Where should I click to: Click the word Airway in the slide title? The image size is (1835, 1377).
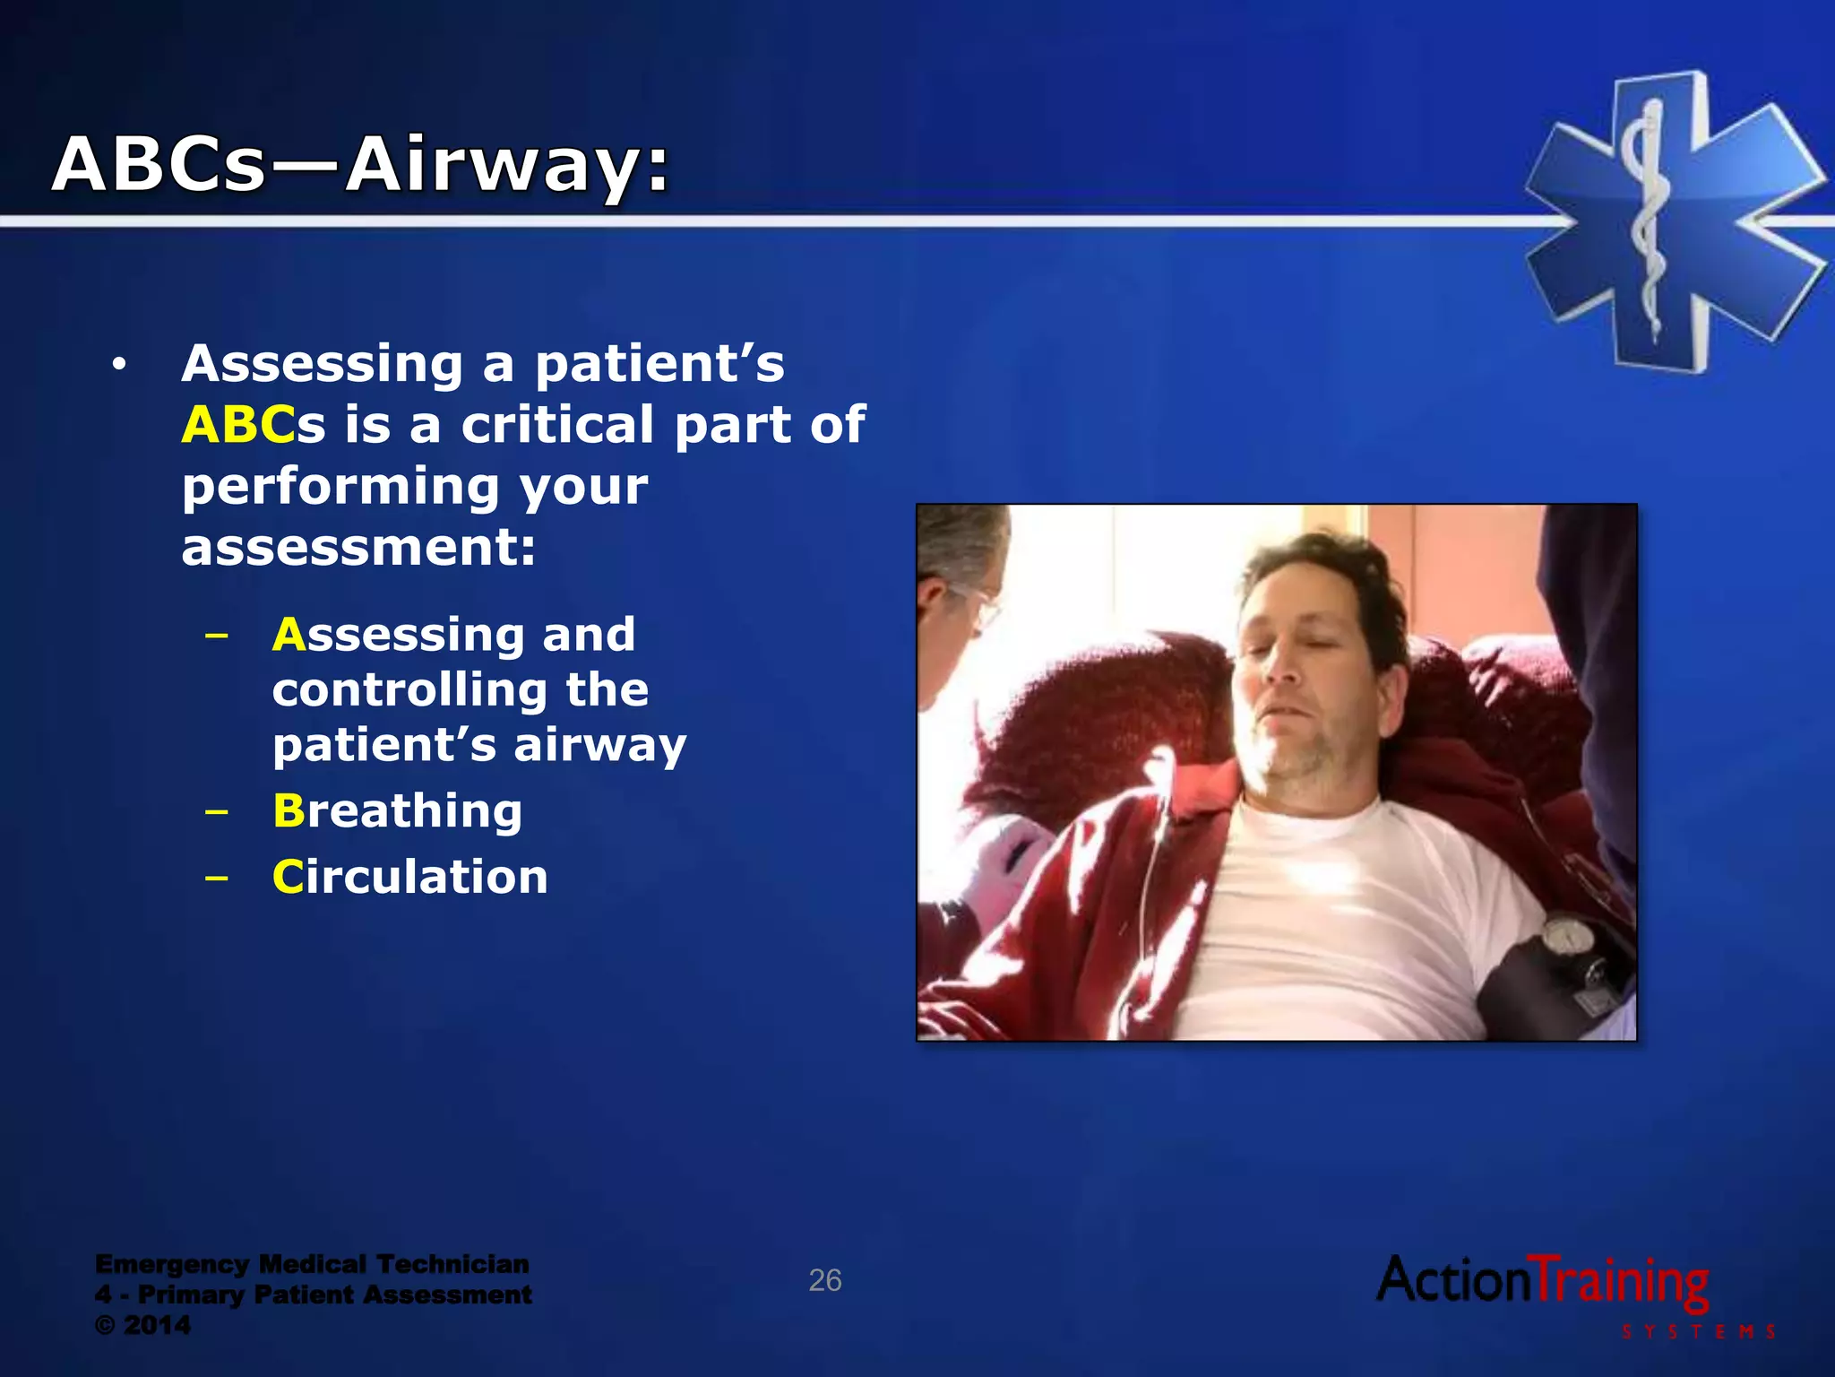506,166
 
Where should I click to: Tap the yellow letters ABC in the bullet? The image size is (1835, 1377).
237,425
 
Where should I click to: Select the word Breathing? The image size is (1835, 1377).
397,810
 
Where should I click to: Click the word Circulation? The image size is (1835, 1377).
409,877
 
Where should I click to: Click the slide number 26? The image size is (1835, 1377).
824,1280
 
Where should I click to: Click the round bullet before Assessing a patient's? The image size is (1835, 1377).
118,365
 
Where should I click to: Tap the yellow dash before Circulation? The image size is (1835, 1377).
216,878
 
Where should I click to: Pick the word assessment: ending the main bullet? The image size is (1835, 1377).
358,548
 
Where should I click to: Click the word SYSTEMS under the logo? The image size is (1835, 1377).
1698,1332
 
